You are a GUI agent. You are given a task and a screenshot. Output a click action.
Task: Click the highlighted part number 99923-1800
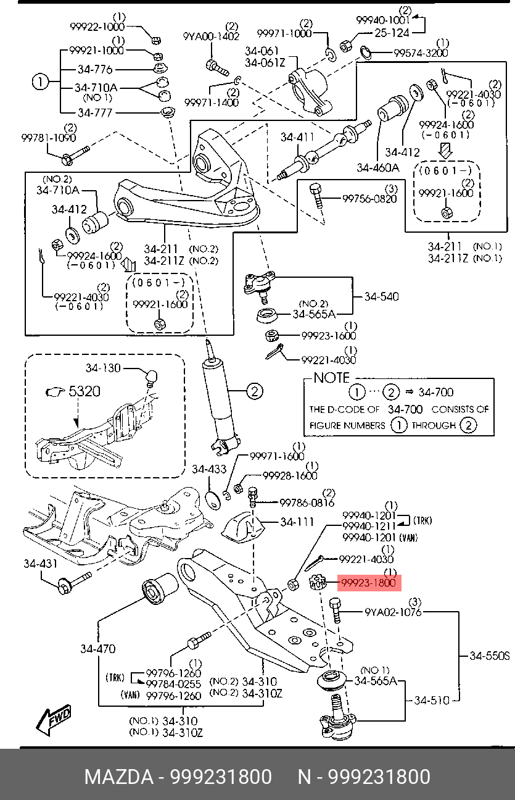click(x=368, y=583)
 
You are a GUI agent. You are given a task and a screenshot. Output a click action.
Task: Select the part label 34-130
click(x=103, y=369)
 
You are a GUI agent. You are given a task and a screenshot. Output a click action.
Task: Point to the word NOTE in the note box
click(x=331, y=378)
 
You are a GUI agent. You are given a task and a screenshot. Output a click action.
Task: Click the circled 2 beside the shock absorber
click(x=255, y=391)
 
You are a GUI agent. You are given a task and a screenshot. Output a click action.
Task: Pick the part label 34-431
click(x=41, y=563)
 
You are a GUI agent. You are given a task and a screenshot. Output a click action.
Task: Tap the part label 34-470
click(x=97, y=649)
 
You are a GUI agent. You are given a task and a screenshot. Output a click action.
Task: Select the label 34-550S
click(x=490, y=655)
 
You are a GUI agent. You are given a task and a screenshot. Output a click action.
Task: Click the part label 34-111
click(x=297, y=522)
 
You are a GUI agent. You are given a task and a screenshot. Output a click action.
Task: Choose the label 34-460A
click(x=377, y=167)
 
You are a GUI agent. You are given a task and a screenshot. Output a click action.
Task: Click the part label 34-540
click(x=381, y=296)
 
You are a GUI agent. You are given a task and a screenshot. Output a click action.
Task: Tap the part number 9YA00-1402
click(x=210, y=36)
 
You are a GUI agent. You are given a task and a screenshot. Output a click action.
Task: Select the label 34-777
click(x=95, y=113)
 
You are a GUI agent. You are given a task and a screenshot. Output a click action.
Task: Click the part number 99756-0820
click(x=369, y=198)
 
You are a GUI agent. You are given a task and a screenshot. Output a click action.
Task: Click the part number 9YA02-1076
click(x=393, y=612)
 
